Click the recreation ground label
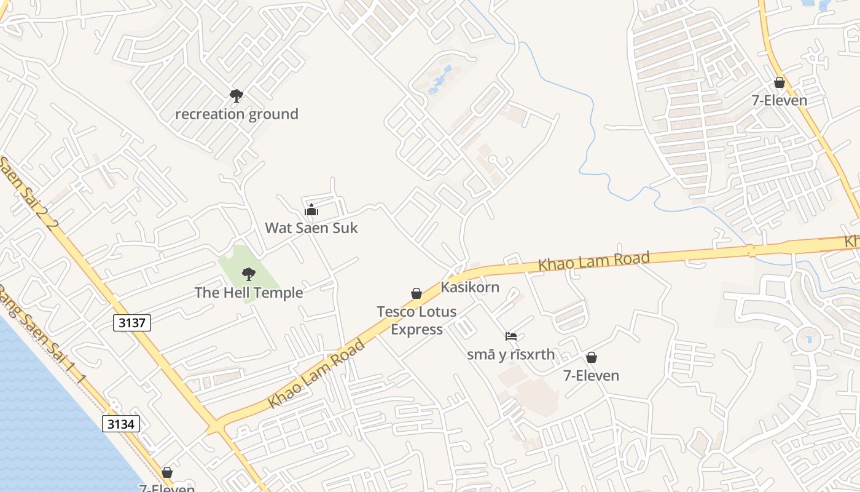coord(237,114)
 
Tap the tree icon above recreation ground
coord(237,95)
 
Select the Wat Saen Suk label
coord(311,228)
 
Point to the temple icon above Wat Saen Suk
coord(311,210)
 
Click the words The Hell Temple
coord(249,293)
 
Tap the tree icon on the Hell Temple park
coord(249,274)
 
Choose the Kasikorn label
coord(470,287)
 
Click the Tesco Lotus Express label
coord(416,320)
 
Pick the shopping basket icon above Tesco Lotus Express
coord(416,293)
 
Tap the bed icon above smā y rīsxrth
coord(511,336)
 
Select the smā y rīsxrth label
coord(511,355)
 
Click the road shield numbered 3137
coord(132,322)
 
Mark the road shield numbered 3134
coord(121,424)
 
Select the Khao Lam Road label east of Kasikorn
coord(594,261)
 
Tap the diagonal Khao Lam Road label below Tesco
coord(316,373)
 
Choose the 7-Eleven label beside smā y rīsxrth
coord(591,375)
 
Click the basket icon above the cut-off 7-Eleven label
coord(167,472)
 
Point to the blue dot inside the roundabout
coord(809,339)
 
